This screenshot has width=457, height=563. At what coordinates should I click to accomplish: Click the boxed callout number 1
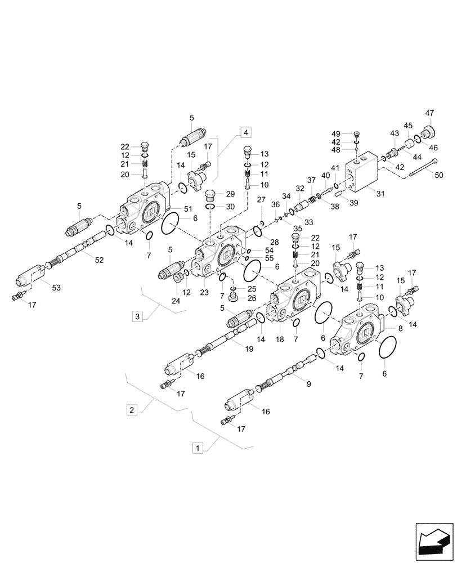tap(197, 448)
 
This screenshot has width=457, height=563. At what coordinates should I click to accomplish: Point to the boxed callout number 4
tap(245, 132)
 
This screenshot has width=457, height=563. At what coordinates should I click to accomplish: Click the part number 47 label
tap(430, 114)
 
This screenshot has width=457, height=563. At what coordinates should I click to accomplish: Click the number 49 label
tap(337, 133)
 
